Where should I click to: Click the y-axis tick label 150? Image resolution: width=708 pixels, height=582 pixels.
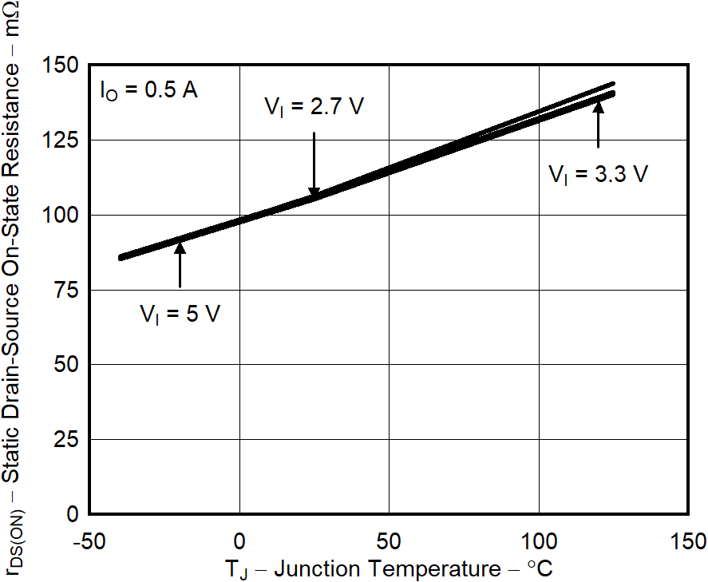tap(60, 65)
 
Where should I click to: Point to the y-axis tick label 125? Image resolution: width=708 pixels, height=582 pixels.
tap(60, 140)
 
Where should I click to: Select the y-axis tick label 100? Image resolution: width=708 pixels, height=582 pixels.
tap(60, 215)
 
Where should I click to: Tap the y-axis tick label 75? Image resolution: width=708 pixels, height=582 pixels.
tap(65, 290)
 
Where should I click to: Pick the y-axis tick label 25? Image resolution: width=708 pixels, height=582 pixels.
tap(65, 439)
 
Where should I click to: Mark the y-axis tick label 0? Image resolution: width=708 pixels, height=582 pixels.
tap(72, 514)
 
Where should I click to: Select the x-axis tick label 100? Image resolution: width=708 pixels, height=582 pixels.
tap(539, 540)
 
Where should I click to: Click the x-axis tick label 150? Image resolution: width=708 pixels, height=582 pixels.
tap(688, 540)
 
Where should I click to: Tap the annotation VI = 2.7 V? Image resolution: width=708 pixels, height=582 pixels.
tap(314, 106)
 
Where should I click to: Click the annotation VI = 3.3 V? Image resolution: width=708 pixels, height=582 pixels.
tap(598, 174)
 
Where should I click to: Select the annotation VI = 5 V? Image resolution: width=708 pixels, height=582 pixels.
tap(180, 314)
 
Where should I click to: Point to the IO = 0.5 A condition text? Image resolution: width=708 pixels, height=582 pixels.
tap(148, 89)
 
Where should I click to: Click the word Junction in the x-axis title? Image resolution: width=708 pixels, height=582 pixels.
tap(322, 569)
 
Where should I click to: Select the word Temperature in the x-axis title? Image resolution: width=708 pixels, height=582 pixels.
tap(442, 569)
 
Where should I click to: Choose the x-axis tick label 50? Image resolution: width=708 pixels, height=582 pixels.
tap(389, 540)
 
